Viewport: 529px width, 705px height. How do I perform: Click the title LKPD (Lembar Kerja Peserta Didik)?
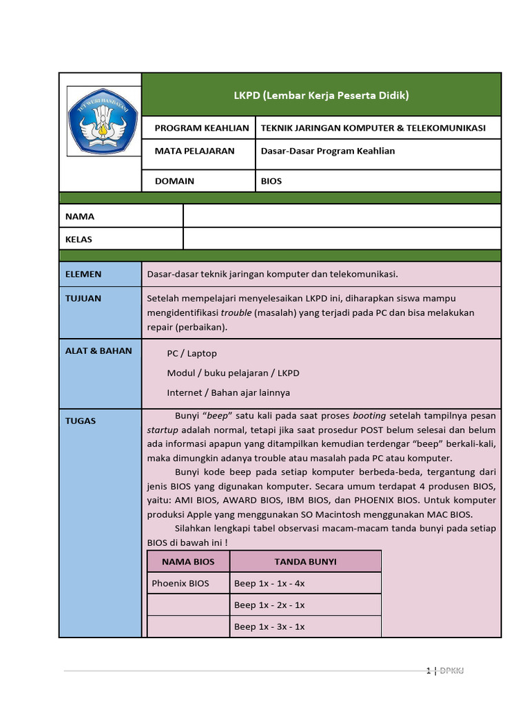(321, 95)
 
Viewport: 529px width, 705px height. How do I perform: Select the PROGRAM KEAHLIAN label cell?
(201, 128)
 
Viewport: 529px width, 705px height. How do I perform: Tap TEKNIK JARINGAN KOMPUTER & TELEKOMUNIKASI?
(373, 128)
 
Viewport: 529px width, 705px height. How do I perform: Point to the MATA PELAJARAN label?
(194, 151)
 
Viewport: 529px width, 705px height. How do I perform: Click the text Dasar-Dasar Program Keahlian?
(328, 151)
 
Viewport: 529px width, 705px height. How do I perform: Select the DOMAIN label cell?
(174, 181)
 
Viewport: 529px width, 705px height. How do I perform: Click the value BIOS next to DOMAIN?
(271, 181)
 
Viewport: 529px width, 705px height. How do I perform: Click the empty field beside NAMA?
(342, 215)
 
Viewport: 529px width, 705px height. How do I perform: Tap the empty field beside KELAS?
(342, 239)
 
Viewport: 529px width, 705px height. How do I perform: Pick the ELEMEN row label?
(83, 274)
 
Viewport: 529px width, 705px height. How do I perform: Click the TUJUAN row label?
(83, 298)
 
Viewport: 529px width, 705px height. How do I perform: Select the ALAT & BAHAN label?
(98, 350)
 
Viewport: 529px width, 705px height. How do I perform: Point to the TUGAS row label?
(81, 421)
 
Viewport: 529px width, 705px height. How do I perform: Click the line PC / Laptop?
(191, 353)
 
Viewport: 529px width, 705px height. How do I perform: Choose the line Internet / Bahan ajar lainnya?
(228, 392)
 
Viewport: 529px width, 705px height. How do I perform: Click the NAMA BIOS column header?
(188, 561)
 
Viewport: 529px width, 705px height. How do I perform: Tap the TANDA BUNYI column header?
(305, 561)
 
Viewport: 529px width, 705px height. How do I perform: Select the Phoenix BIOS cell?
(180, 583)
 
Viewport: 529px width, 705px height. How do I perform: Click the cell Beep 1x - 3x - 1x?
(269, 627)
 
